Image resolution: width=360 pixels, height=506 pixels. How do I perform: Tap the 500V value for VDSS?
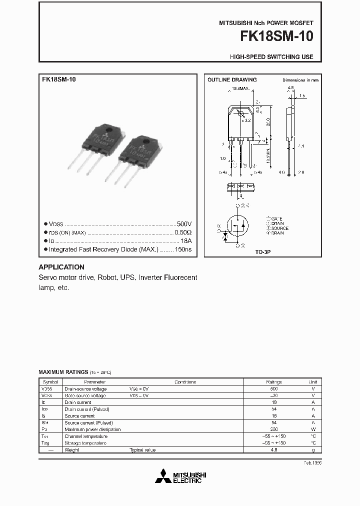tap(184, 224)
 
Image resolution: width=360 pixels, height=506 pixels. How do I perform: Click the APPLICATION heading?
tap(61, 267)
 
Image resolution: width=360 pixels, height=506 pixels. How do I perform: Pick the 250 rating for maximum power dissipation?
tap(273, 429)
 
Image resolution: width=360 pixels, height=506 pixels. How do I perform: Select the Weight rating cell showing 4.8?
tap(273, 450)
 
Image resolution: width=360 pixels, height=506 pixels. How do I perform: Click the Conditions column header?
tap(184, 382)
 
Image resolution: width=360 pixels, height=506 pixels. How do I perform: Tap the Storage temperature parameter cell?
tap(85, 443)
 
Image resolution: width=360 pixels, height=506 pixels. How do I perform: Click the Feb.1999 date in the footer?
tap(312, 463)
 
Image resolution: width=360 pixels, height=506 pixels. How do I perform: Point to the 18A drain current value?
tap(185, 240)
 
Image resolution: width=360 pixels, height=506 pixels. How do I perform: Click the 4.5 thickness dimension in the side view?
tap(290, 88)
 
